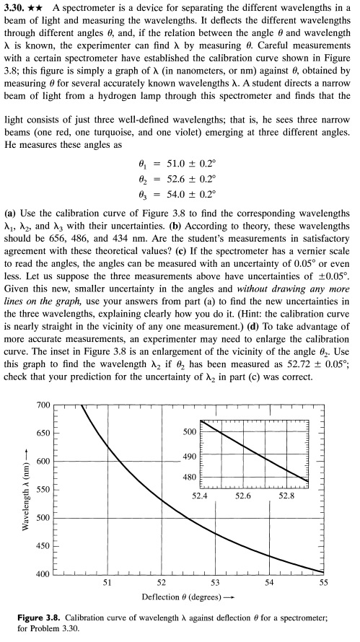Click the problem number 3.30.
16,8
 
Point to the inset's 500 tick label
190,431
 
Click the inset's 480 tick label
190,477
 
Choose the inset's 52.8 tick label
286,496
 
